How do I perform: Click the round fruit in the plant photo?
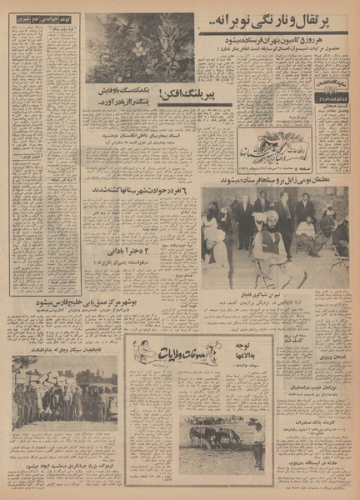[x=138, y=49]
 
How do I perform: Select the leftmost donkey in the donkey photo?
[x=198, y=437]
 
